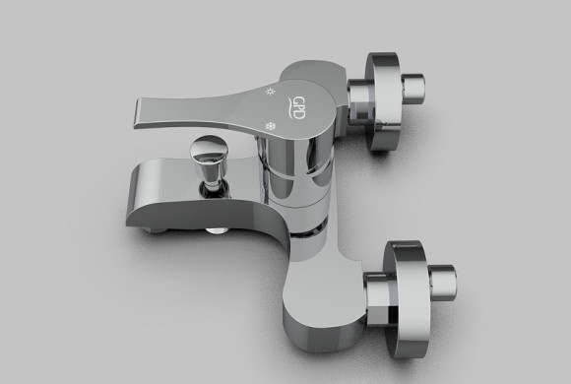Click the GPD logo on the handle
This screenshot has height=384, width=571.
[295, 108]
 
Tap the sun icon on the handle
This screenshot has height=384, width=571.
[270, 92]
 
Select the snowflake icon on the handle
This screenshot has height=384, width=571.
[270, 126]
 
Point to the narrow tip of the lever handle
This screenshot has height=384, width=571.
[138, 113]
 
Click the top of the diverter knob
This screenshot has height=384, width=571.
[209, 148]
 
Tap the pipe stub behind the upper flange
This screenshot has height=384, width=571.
[413, 89]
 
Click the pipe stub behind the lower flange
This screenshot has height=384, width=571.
[442, 283]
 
